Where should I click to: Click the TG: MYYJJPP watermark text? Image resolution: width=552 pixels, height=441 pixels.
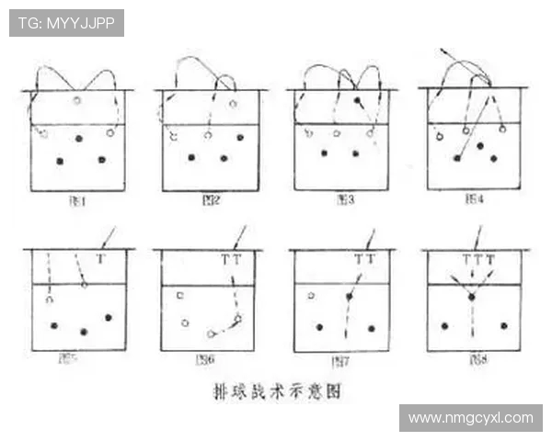(66, 23)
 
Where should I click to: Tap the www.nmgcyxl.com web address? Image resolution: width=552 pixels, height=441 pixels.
(470, 418)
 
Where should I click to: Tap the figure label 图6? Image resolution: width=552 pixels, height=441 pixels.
(205, 359)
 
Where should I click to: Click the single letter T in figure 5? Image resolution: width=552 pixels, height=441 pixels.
(100, 260)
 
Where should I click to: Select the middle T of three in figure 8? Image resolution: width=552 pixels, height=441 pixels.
(477, 260)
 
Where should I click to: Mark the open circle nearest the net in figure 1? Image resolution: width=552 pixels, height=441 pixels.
(77, 99)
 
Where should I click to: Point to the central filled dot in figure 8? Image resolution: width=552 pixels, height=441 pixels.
(472, 297)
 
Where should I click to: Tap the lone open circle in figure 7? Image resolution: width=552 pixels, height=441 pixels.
(311, 296)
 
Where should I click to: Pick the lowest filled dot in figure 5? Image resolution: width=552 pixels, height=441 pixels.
(84, 332)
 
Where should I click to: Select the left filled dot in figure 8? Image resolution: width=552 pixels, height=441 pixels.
(444, 325)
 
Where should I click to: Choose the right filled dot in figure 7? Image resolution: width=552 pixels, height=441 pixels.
(374, 327)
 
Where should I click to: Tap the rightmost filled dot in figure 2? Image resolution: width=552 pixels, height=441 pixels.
(240, 137)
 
